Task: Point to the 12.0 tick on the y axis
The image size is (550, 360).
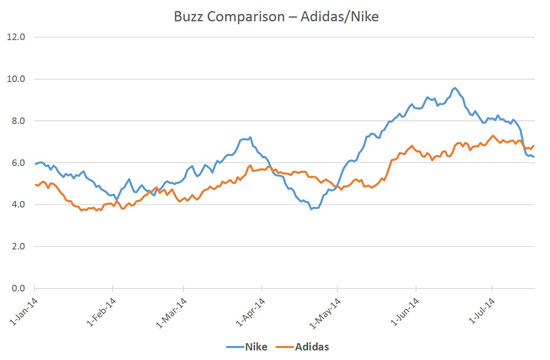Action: coord(16,37)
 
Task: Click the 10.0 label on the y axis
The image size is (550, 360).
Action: coord(16,79)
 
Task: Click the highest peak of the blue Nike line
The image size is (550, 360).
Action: coord(454,88)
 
